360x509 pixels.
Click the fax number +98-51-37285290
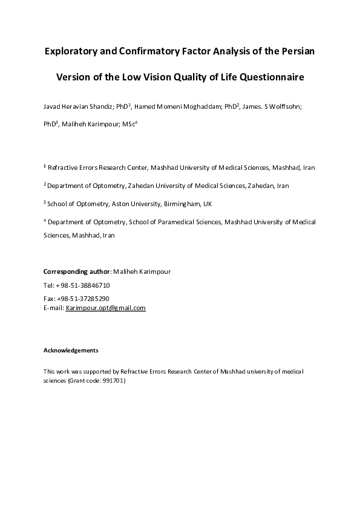click(x=83, y=299)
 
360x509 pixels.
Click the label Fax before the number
click(x=49, y=299)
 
